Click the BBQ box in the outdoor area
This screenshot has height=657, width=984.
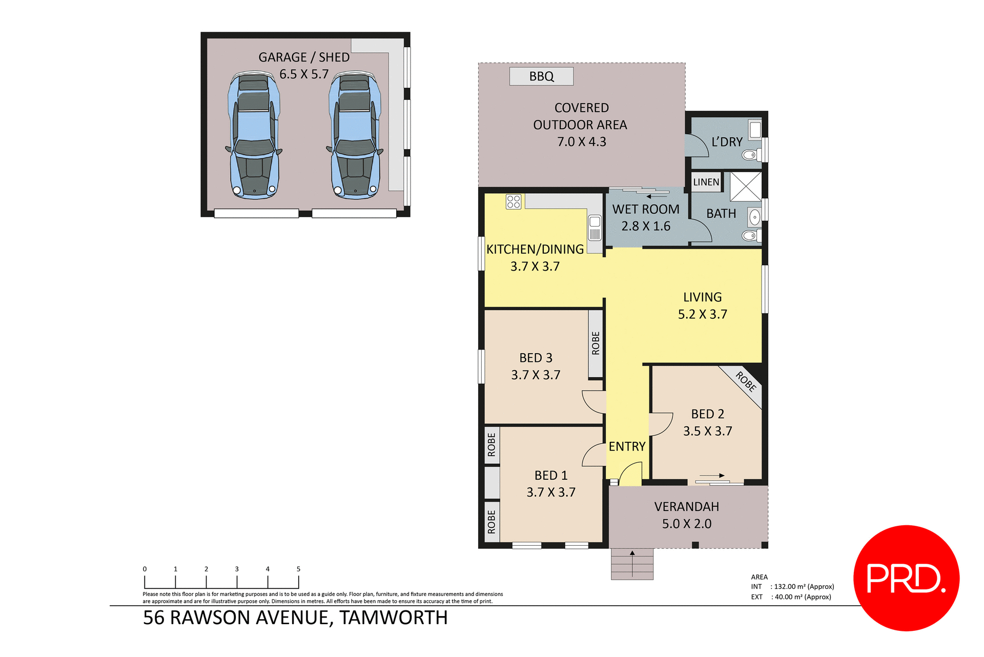[x=541, y=76]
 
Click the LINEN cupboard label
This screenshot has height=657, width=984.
[x=706, y=182]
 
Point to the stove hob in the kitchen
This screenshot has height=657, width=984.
[x=514, y=201]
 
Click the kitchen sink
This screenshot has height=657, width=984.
[x=594, y=228]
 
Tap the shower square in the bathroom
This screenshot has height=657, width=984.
[x=746, y=186]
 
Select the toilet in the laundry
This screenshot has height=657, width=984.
[x=750, y=154]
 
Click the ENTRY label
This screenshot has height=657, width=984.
[x=627, y=446]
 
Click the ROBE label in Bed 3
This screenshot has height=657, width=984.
[x=596, y=343]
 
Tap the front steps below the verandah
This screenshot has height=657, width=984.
[x=632, y=564]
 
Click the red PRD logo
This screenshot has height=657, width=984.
[x=906, y=578]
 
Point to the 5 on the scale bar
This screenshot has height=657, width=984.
[x=298, y=569]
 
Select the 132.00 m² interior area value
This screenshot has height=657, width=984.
[x=804, y=587]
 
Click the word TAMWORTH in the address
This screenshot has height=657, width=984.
[x=394, y=618]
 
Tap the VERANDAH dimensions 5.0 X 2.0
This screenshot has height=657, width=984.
[x=686, y=524]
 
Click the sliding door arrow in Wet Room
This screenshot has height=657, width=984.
[x=657, y=196]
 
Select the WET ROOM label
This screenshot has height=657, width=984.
[x=646, y=209]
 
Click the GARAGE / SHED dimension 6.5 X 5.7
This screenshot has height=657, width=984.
[x=304, y=74]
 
